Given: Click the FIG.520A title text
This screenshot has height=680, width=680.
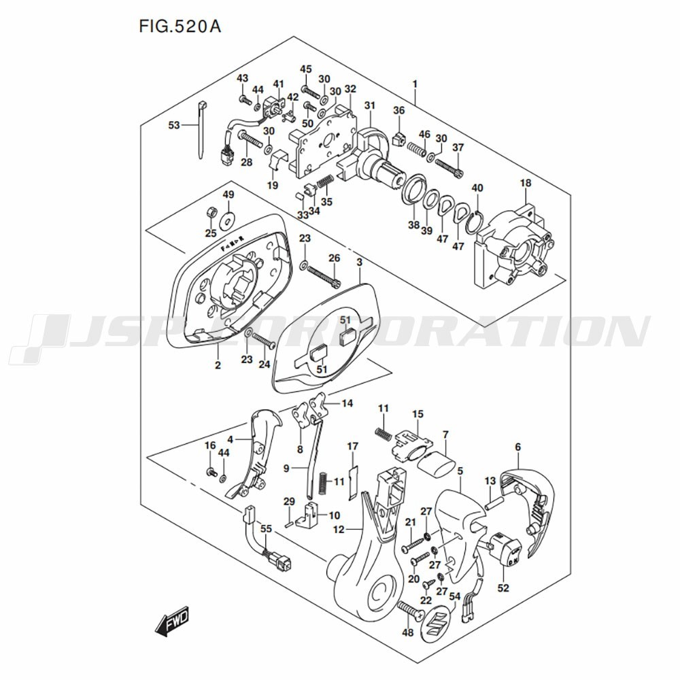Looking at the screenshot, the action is (x=180, y=27).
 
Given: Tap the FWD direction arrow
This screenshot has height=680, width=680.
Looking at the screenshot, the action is (x=172, y=621).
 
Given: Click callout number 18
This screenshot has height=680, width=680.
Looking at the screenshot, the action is (x=526, y=183).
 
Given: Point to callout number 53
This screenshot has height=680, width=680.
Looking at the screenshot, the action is (x=174, y=125).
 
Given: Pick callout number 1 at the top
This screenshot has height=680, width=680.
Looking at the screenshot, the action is (x=415, y=84).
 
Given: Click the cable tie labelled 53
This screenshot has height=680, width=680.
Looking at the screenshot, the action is (x=203, y=130).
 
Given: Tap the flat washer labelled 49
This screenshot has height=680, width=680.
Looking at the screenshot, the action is (x=226, y=221).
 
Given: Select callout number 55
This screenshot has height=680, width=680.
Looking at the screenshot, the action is (x=266, y=528).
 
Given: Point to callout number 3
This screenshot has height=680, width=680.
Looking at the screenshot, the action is (x=360, y=262).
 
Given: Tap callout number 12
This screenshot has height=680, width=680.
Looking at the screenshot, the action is (x=338, y=529).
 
